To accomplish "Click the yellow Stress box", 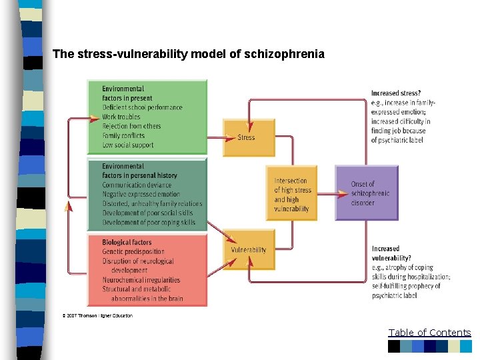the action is [248, 137].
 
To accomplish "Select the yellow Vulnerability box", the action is [248, 250].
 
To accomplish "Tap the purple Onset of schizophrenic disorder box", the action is [366, 193].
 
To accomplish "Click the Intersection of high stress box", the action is [291, 194].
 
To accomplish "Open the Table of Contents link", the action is [429, 333].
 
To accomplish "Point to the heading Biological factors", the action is [127, 242].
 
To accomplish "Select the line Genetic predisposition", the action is [133, 252].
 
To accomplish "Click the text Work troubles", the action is [121, 117].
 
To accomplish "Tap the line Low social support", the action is [128, 145].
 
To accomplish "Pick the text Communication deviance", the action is [137, 185].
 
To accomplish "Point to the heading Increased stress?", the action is [396, 93].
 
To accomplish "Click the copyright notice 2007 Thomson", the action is [98, 315].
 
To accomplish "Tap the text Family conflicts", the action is [124, 135].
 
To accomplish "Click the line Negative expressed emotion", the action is [141, 195].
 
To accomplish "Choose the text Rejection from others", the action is [131, 126].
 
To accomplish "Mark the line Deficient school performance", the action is [142, 107].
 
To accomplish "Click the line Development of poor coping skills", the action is [149, 223].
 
